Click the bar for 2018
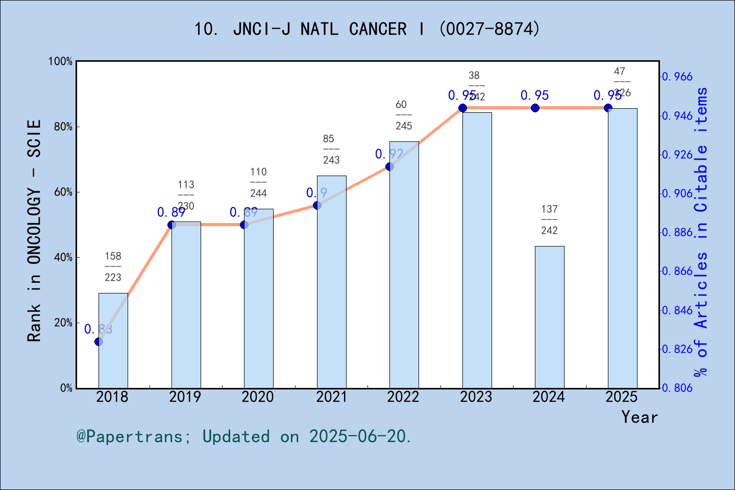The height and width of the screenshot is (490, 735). coord(113,340)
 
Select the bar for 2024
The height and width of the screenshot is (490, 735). coord(549,317)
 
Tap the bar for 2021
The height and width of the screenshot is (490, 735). coord(331,282)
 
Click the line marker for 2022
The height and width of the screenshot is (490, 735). coord(389,166)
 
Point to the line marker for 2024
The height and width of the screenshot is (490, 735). coord(535,108)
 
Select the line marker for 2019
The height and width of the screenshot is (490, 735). coord(171,225)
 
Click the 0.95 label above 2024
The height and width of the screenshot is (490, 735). coord(534,95)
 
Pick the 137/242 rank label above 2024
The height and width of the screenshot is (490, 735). coord(549,219)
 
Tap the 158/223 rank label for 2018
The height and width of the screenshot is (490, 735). coord(113,266)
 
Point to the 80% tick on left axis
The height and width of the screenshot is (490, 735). coord(63,127)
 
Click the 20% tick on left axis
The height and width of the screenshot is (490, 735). coord(63,323)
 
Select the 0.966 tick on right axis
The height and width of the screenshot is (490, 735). coord(677,77)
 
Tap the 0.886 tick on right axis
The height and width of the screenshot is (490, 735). coord(677,232)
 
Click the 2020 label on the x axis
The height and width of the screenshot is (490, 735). coord(258,397)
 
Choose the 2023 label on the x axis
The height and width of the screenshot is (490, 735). coord(476,397)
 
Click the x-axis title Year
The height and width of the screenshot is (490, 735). coord(640,417)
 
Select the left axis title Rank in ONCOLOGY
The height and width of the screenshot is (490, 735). coord(34,231)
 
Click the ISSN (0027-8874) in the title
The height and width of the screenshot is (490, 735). coord(489,29)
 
